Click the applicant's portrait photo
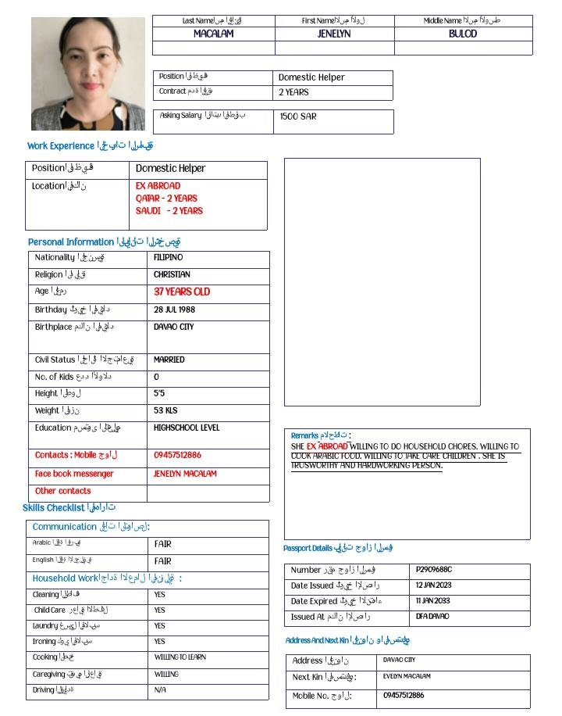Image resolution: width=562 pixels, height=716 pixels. click(x=87, y=73)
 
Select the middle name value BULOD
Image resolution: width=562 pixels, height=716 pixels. click(x=463, y=34)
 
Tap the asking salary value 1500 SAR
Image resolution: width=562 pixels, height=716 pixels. click(x=297, y=116)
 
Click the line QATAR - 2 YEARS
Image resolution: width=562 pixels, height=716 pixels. click(x=166, y=199)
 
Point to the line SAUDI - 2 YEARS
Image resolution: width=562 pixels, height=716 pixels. click(x=169, y=211)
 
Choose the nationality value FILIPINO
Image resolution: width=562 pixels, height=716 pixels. click(x=168, y=257)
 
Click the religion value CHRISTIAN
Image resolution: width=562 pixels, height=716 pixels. click(x=172, y=275)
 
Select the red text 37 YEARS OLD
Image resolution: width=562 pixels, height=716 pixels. click(x=182, y=292)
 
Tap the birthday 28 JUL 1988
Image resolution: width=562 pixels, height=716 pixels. click(x=174, y=310)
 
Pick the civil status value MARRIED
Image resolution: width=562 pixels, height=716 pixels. click(x=169, y=360)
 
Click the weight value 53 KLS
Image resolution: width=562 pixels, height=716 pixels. click(x=165, y=410)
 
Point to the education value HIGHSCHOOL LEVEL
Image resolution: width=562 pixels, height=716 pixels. click(x=187, y=428)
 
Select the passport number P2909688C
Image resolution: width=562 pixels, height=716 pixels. click(x=434, y=570)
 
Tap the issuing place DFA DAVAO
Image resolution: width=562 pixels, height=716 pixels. click(x=433, y=617)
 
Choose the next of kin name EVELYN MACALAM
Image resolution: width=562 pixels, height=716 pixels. click(x=407, y=676)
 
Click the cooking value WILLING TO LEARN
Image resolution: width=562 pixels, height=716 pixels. click(x=180, y=657)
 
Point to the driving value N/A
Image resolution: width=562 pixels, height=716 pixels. click(x=160, y=690)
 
